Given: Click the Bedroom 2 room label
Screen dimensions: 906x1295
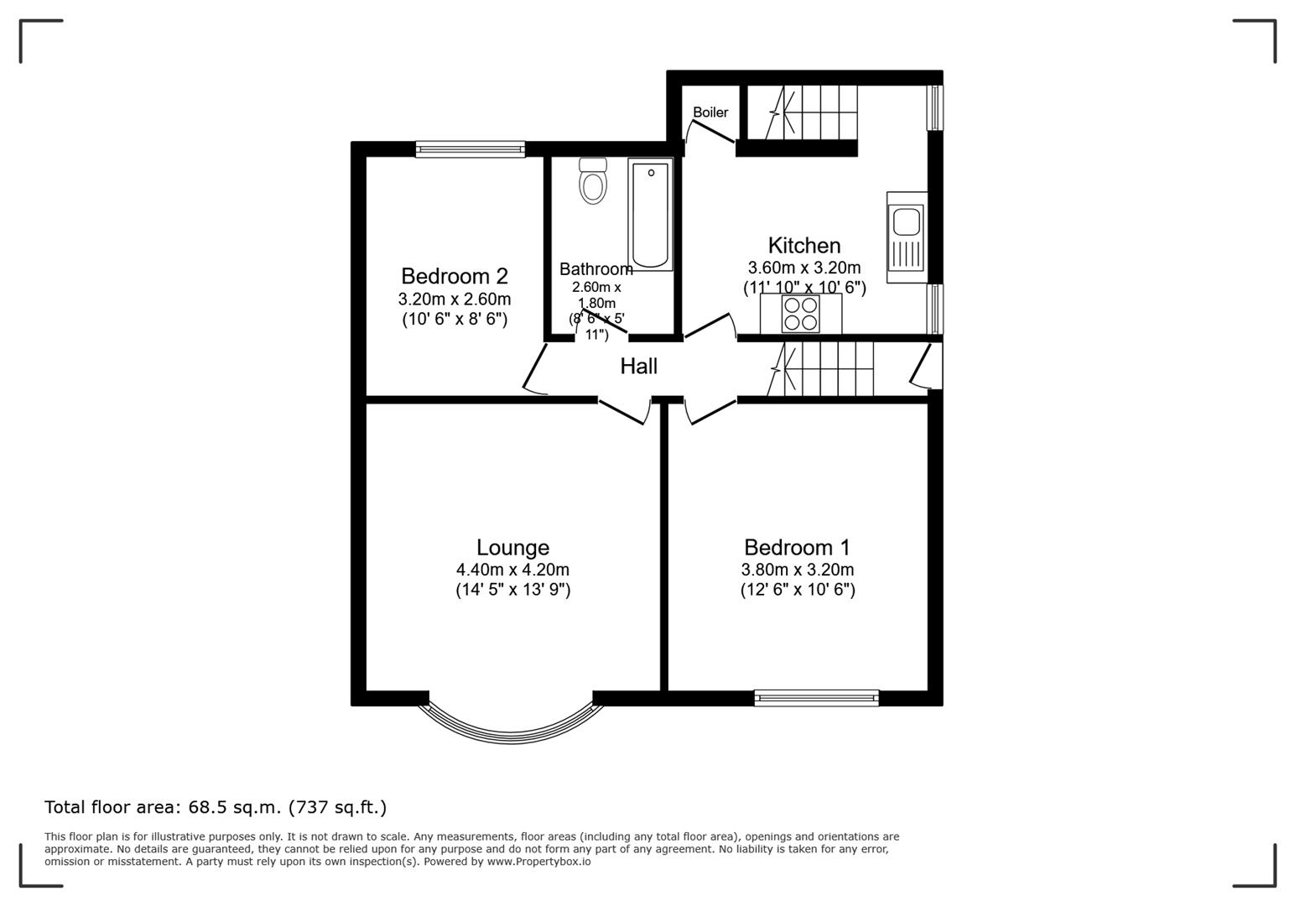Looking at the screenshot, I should coord(454,276).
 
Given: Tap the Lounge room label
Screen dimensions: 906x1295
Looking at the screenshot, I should coord(512,548).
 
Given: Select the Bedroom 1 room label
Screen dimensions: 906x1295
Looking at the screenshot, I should coord(797,548).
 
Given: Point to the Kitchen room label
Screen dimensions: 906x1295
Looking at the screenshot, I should coord(804,246).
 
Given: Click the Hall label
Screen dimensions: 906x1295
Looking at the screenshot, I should coord(638,367).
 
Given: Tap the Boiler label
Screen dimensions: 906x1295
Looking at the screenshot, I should coord(710,112).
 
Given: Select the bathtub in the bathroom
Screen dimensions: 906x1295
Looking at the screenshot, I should coord(652,216).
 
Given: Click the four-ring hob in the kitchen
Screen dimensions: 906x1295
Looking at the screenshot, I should coord(800,314).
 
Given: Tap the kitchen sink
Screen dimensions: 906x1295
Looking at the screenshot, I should coord(906,222).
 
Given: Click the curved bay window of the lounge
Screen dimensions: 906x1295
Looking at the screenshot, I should coord(512,726).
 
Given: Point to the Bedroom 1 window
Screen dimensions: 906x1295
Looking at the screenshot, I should coord(816,697).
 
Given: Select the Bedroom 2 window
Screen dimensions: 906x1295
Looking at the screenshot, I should coord(471,149).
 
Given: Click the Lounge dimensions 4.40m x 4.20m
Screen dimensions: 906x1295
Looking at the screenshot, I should coord(512,570).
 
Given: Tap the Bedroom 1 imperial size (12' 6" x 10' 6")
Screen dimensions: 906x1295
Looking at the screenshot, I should coord(797,590).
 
